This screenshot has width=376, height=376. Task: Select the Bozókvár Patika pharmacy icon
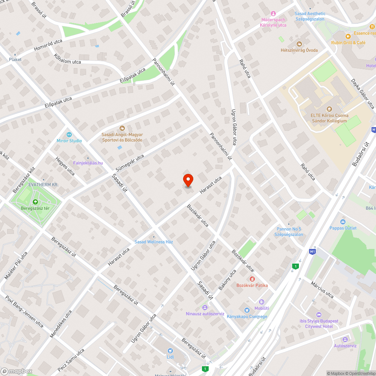[252, 279]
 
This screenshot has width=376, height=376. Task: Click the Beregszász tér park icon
[35, 202]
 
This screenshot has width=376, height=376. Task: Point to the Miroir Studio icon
[69, 134]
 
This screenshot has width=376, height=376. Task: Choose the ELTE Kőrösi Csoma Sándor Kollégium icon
[329, 109]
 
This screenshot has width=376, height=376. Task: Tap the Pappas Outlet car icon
[343, 221]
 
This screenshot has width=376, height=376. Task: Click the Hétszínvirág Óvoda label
[299, 50]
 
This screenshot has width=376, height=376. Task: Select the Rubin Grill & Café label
[348, 43]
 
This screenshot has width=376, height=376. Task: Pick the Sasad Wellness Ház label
[154, 242]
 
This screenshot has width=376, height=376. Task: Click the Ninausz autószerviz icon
[205, 307]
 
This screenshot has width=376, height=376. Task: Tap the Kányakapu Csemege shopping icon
[247, 310]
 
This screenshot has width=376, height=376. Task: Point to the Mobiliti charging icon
[262, 302]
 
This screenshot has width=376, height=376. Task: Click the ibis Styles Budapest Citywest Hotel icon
[319, 314]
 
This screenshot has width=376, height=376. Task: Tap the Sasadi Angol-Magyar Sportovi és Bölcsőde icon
[122, 128]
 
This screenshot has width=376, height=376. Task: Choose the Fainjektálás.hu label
[88, 163]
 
